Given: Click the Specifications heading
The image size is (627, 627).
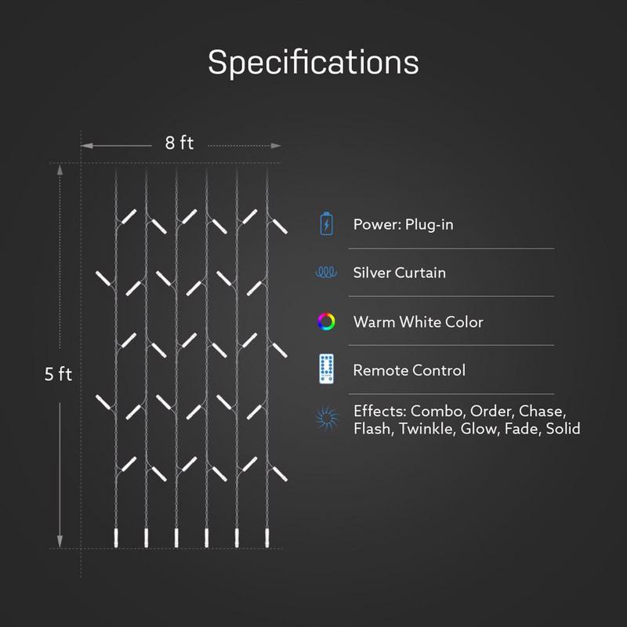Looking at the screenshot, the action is (x=313, y=63).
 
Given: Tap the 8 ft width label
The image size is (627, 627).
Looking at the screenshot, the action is (x=179, y=143).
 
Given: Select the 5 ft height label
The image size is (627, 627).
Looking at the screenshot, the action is (x=58, y=375).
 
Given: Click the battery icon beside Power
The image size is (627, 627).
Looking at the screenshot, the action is (x=326, y=224).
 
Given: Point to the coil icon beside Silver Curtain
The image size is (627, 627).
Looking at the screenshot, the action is (x=326, y=272).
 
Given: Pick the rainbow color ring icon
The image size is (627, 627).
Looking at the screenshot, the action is (x=326, y=321).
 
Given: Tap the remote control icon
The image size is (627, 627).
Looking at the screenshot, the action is (x=326, y=369).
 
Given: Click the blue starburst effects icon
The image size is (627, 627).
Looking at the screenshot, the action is (x=327, y=419).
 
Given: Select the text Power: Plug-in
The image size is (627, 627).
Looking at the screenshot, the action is (x=403, y=225).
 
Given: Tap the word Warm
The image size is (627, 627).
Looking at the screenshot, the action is (x=375, y=322).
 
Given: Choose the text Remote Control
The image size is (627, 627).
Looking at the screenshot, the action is (x=409, y=370).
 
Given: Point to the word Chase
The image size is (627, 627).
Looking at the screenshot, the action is (x=542, y=411).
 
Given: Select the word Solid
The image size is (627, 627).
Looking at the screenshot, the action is (x=563, y=429).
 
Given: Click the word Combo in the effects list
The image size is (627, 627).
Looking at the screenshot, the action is (x=438, y=411).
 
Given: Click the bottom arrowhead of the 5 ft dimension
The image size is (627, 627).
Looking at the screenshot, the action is (x=60, y=542).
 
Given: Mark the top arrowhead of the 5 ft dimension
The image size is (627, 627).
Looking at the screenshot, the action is (x=60, y=170).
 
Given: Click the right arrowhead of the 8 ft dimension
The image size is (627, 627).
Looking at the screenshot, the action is (x=276, y=146).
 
